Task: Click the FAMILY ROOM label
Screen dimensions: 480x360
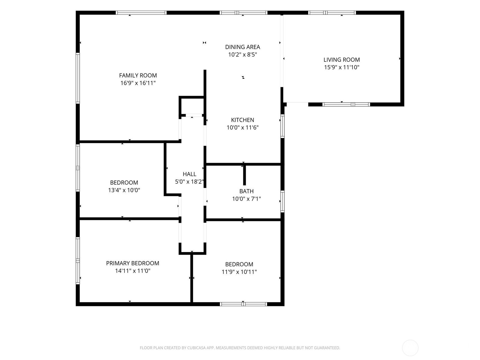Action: [x=138, y=75]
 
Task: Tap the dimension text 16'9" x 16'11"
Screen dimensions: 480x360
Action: [x=138, y=83]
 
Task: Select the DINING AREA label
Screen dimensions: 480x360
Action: [x=242, y=47]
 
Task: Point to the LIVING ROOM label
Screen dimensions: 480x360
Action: [x=342, y=60]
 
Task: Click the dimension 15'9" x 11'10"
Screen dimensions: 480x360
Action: [x=342, y=67]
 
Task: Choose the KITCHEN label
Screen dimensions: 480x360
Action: [x=242, y=120]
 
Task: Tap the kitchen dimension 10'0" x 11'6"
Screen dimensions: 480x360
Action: [x=242, y=127]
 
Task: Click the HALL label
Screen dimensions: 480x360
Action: [x=189, y=174]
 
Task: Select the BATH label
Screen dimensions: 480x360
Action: [x=247, y=191]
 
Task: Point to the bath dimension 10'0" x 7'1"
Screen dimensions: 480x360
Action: [x=247, y=199]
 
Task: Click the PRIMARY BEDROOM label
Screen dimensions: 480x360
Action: [x=133, y=263]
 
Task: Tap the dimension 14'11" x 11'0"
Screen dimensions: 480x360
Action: [x=133, y=271]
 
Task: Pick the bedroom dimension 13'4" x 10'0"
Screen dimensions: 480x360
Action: [x=124, y=190]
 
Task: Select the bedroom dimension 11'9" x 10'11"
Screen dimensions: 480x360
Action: [x=239, y=272]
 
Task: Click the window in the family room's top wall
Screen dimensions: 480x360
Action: [x=141, y=13]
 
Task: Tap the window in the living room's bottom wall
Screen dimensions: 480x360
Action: [x=346, y=104]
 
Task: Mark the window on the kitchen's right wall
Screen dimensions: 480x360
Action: [x=282, y=126]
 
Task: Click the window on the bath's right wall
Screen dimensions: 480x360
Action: [x=282, y=202]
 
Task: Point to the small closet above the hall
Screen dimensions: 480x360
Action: [x=192, y=106]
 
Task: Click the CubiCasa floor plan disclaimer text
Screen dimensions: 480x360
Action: [x=240, y=348]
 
